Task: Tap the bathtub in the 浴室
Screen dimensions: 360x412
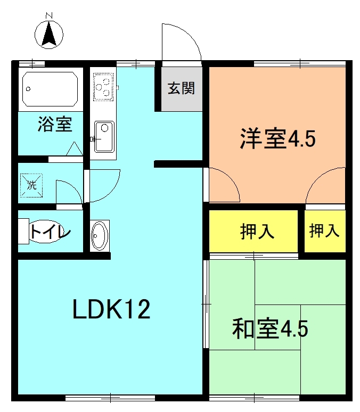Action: (x=50, y=89)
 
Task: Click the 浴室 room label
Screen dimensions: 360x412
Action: (x=55, y=124)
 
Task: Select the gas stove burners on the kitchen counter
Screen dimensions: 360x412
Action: (x=103, y=86)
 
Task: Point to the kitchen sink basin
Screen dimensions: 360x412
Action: (x=104, y=137)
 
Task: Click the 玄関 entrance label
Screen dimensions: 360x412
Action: (x=182, y=88)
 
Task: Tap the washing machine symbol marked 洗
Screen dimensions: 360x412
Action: (x=31, y=185)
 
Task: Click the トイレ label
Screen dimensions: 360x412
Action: (x=50, y=232)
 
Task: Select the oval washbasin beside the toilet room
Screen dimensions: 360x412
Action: (x=100, y=236)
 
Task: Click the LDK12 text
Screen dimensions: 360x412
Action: (x=111, y=309)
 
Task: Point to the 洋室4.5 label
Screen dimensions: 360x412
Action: (x=277, y=138)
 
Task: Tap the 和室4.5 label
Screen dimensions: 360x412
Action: (x=270, y=328)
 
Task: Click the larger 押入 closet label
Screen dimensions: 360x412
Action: (x=257, y=231)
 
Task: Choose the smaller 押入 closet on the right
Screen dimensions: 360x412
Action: (x=324, y=230)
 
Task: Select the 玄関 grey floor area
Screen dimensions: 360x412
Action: (x=182, y=89)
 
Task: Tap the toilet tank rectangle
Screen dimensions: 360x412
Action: (x=23, y=231)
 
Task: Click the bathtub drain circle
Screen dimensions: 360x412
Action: (x=28, y=89)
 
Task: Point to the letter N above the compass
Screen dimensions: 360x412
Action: (x=49, y=15)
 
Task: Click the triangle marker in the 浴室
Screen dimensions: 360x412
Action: (x=75, y=149)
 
